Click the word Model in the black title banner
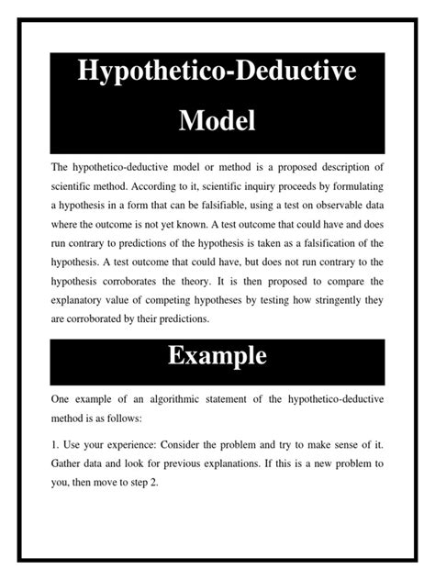click(217, 119)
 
